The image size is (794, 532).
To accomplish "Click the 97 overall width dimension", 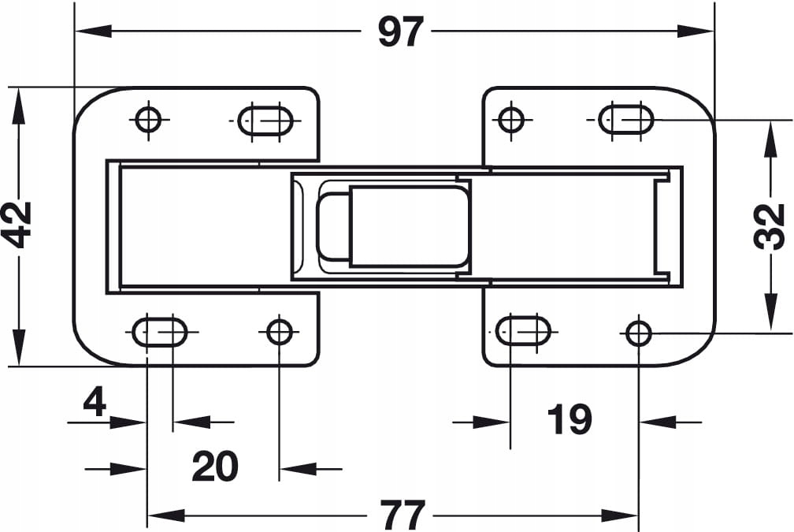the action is click(401, 32).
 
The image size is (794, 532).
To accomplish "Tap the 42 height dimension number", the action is click(17, 225).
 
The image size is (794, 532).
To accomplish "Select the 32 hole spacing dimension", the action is click(770, 226).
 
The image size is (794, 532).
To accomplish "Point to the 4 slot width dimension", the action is click(95, 403).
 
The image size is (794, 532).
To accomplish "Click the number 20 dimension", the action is click(214, 467).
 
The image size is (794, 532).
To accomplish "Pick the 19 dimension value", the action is click(569, 419).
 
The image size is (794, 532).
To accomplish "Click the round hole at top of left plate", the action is click(147, 120).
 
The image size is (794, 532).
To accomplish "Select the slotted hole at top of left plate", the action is click(265, 121).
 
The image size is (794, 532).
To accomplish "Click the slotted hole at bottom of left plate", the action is click(159, 332).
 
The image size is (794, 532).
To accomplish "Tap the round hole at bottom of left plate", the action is click(279, 331).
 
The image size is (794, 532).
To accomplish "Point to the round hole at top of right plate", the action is click(511, 120).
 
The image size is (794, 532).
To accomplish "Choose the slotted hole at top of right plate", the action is click(626, 120).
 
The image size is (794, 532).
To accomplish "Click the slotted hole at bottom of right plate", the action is click(524, 330).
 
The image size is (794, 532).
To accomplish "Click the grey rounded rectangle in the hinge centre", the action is click(410, 225).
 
